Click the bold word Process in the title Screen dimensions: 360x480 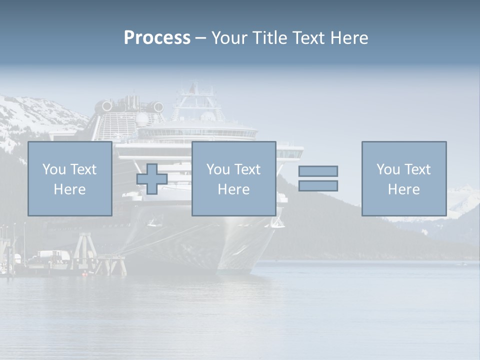[157, 38]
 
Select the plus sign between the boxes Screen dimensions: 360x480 [152, 179]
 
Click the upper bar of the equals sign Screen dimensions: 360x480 [318, 171]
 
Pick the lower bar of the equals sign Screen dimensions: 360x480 [318, 186]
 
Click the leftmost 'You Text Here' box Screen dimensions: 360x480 [69, 178]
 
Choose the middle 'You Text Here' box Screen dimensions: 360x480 [233, 178]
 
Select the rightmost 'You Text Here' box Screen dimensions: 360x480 [403, 178]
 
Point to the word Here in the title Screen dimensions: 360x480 [349, 38]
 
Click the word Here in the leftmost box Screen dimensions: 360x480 [69, 189]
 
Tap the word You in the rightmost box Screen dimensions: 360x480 [388, 169]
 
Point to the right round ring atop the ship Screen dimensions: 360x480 [158, 106]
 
